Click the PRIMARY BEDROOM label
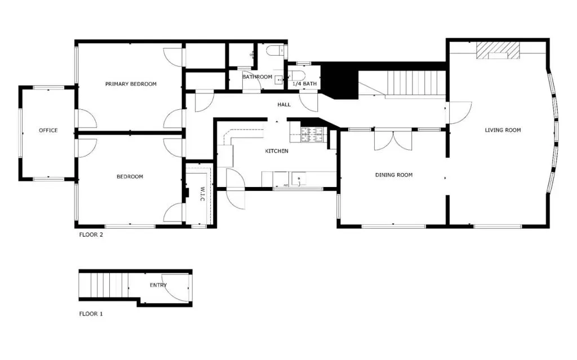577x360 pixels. click(131, 84)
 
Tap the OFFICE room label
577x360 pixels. click(48, 130)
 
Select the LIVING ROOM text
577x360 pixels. click(503, 130)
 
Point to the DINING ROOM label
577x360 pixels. click(394, 175)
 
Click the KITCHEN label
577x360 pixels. click(277, 151)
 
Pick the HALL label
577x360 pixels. click(284, 105)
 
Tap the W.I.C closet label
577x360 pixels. click(202, 194)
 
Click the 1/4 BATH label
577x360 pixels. click(304, 84)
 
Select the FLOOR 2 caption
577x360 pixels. click(91, 235)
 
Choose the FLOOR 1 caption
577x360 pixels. click(91, 314)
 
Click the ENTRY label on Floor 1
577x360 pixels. click(158, 285)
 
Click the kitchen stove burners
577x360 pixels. click(312, 134)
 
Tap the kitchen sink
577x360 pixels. click(299, 179)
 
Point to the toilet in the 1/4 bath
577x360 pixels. click(297, 76)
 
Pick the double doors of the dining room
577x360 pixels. click(393, 140)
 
